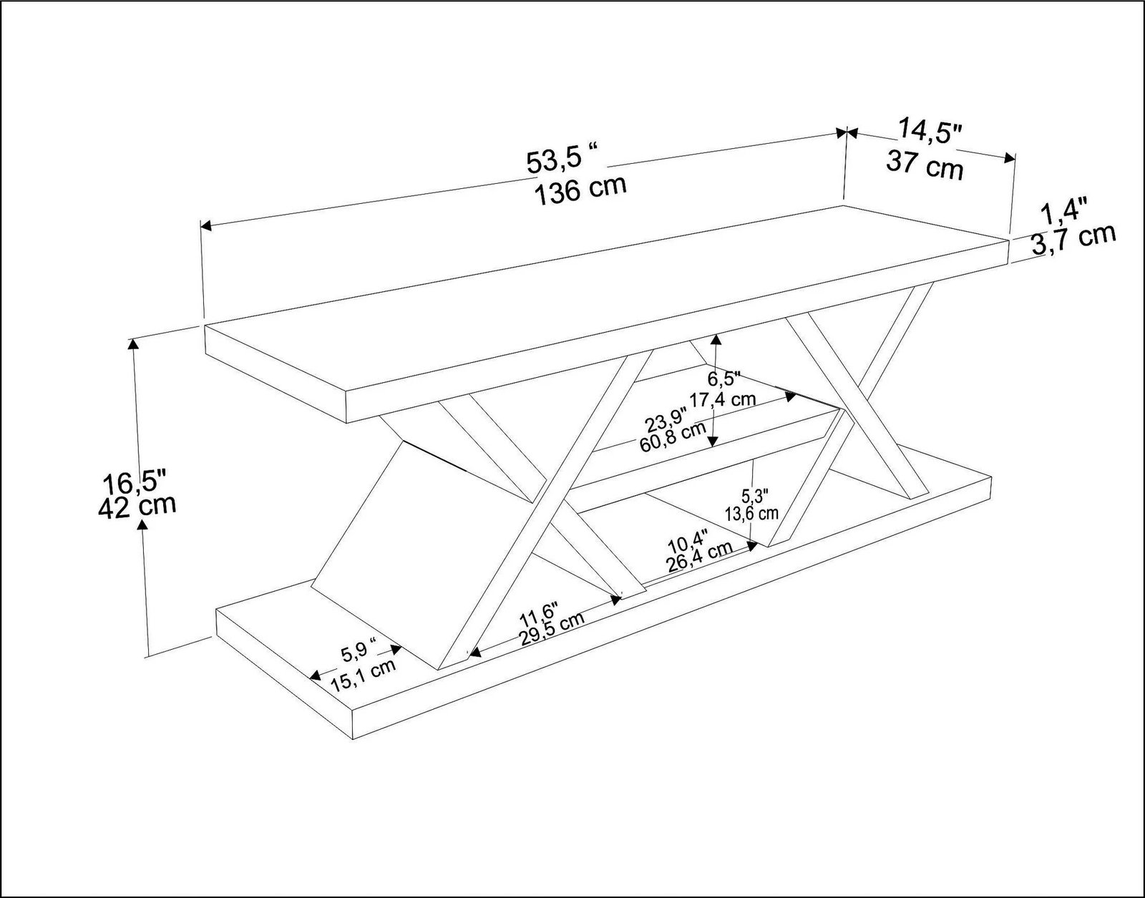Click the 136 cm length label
[580, 190]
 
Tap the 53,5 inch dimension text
[562, 160]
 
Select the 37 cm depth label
[925, 165]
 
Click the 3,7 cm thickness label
[1073, 240]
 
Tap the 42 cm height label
[137, 506]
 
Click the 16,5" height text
[135, 480]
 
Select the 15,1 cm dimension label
[364, 677]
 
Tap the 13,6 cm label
[751, 512]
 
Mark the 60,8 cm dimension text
[673, 436]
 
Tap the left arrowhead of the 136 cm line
[206, 226]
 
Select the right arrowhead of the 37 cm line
[1010, 158]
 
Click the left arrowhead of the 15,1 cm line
[316, 675]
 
